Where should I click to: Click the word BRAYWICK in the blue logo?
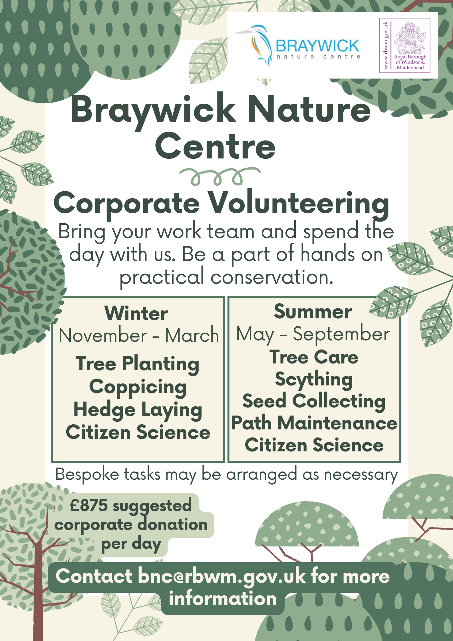(317, 46)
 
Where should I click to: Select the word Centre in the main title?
(216, 146)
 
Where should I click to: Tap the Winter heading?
(136, 313)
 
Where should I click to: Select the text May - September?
(313, 334)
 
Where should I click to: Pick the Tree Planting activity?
(137, 364)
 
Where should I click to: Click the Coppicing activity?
(138, 387)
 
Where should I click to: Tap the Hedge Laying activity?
(138, 410)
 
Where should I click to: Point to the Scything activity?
(314, 380)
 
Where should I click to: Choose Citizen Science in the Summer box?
(314, 445)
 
